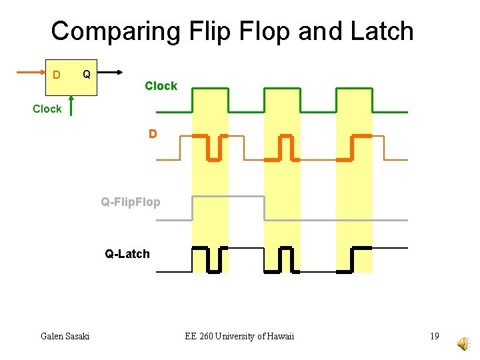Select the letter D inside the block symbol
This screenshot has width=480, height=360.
tap(56, 73)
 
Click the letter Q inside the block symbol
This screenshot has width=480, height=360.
tap(86, 72)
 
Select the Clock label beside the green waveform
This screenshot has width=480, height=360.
tap(161, 86)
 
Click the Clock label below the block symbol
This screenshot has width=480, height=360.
tap(47, 109)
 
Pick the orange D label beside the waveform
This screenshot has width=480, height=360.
tap(153, 134)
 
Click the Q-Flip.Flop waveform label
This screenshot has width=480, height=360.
tap(131, 201)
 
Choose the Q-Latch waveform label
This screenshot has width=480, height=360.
tap(127, 253)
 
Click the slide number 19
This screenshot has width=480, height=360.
tap(434, 336)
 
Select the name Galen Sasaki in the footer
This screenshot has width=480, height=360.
tap(65, 336)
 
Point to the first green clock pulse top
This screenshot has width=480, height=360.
tap(209, 89)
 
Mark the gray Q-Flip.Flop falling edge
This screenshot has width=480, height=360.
tap(265, 208)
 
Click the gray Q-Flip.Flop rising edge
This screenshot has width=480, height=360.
tap(193, 208)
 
